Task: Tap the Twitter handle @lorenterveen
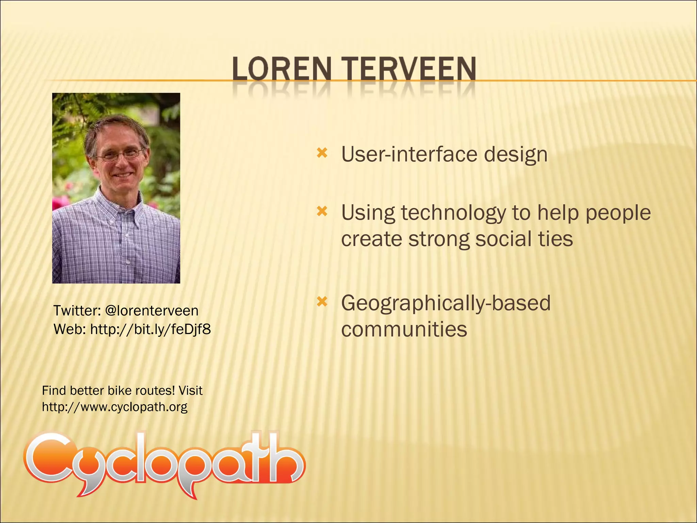[x=152, y=311]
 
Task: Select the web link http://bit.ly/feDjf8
[x=150, y=329]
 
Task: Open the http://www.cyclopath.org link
[x=115, y=407]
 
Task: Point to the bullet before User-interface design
[x=322, y=153]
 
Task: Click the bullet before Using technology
[x=322, y=212]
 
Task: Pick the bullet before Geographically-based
[x=322, y=302]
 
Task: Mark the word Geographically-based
[x=446, y=303]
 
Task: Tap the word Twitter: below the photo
[x=77, y=311]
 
